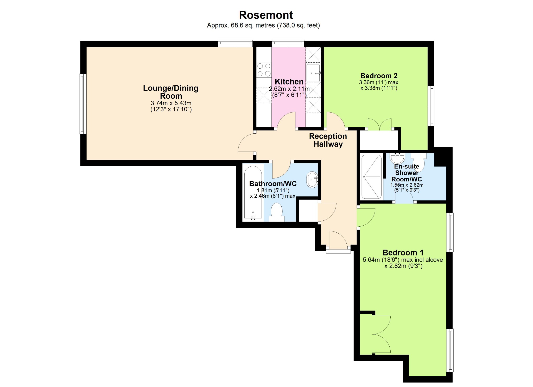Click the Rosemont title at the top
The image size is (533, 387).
[266, 15]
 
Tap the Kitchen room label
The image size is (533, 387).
[289, 82]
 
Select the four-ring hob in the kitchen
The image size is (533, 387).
[264, 70]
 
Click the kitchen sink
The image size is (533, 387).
[313, 73]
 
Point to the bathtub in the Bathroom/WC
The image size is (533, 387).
[253, 192]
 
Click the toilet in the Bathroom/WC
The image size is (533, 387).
[276, 212]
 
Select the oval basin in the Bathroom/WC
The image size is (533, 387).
[312, 180]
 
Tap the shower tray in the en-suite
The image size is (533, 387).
[371, 177]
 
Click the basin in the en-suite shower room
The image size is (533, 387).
[397, 158]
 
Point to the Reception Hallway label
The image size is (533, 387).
[328, 140]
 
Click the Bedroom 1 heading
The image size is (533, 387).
[403, 252]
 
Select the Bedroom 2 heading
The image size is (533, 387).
[379, 76]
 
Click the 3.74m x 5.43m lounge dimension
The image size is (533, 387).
[171, 103]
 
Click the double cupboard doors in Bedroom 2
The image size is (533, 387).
[379, 124]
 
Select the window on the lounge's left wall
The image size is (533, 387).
[83, 104]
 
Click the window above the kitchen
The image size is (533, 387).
[288, 43]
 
